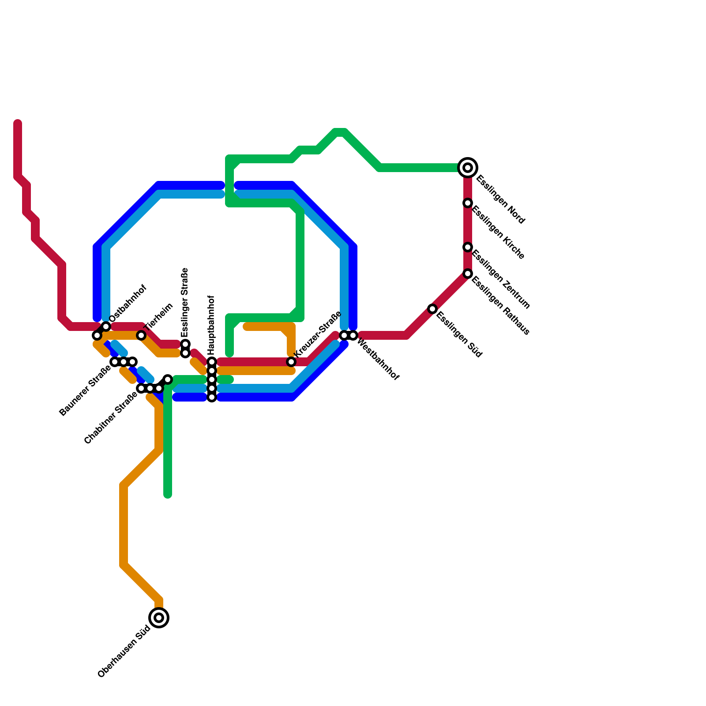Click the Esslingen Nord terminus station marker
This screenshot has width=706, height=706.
[x=468, y=168]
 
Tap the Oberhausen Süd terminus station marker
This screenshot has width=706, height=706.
[x=159, y=617]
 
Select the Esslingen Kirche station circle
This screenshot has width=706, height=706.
[x=468, y=203]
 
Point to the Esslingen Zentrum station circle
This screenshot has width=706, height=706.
[x=468, y=247]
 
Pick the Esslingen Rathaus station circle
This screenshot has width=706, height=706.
[x=468, y=274]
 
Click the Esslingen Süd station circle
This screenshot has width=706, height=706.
[x=432, y=309]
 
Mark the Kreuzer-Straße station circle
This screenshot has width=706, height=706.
[x=291, y=362]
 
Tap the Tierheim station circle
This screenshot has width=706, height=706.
[x=141, y=335]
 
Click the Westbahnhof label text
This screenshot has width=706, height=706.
[x=378, y=360]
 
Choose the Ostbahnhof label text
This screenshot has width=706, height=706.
[x=128, y=303]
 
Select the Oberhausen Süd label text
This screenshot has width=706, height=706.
[x=124, y=652]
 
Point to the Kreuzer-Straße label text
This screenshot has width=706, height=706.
[x=318, y=334]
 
